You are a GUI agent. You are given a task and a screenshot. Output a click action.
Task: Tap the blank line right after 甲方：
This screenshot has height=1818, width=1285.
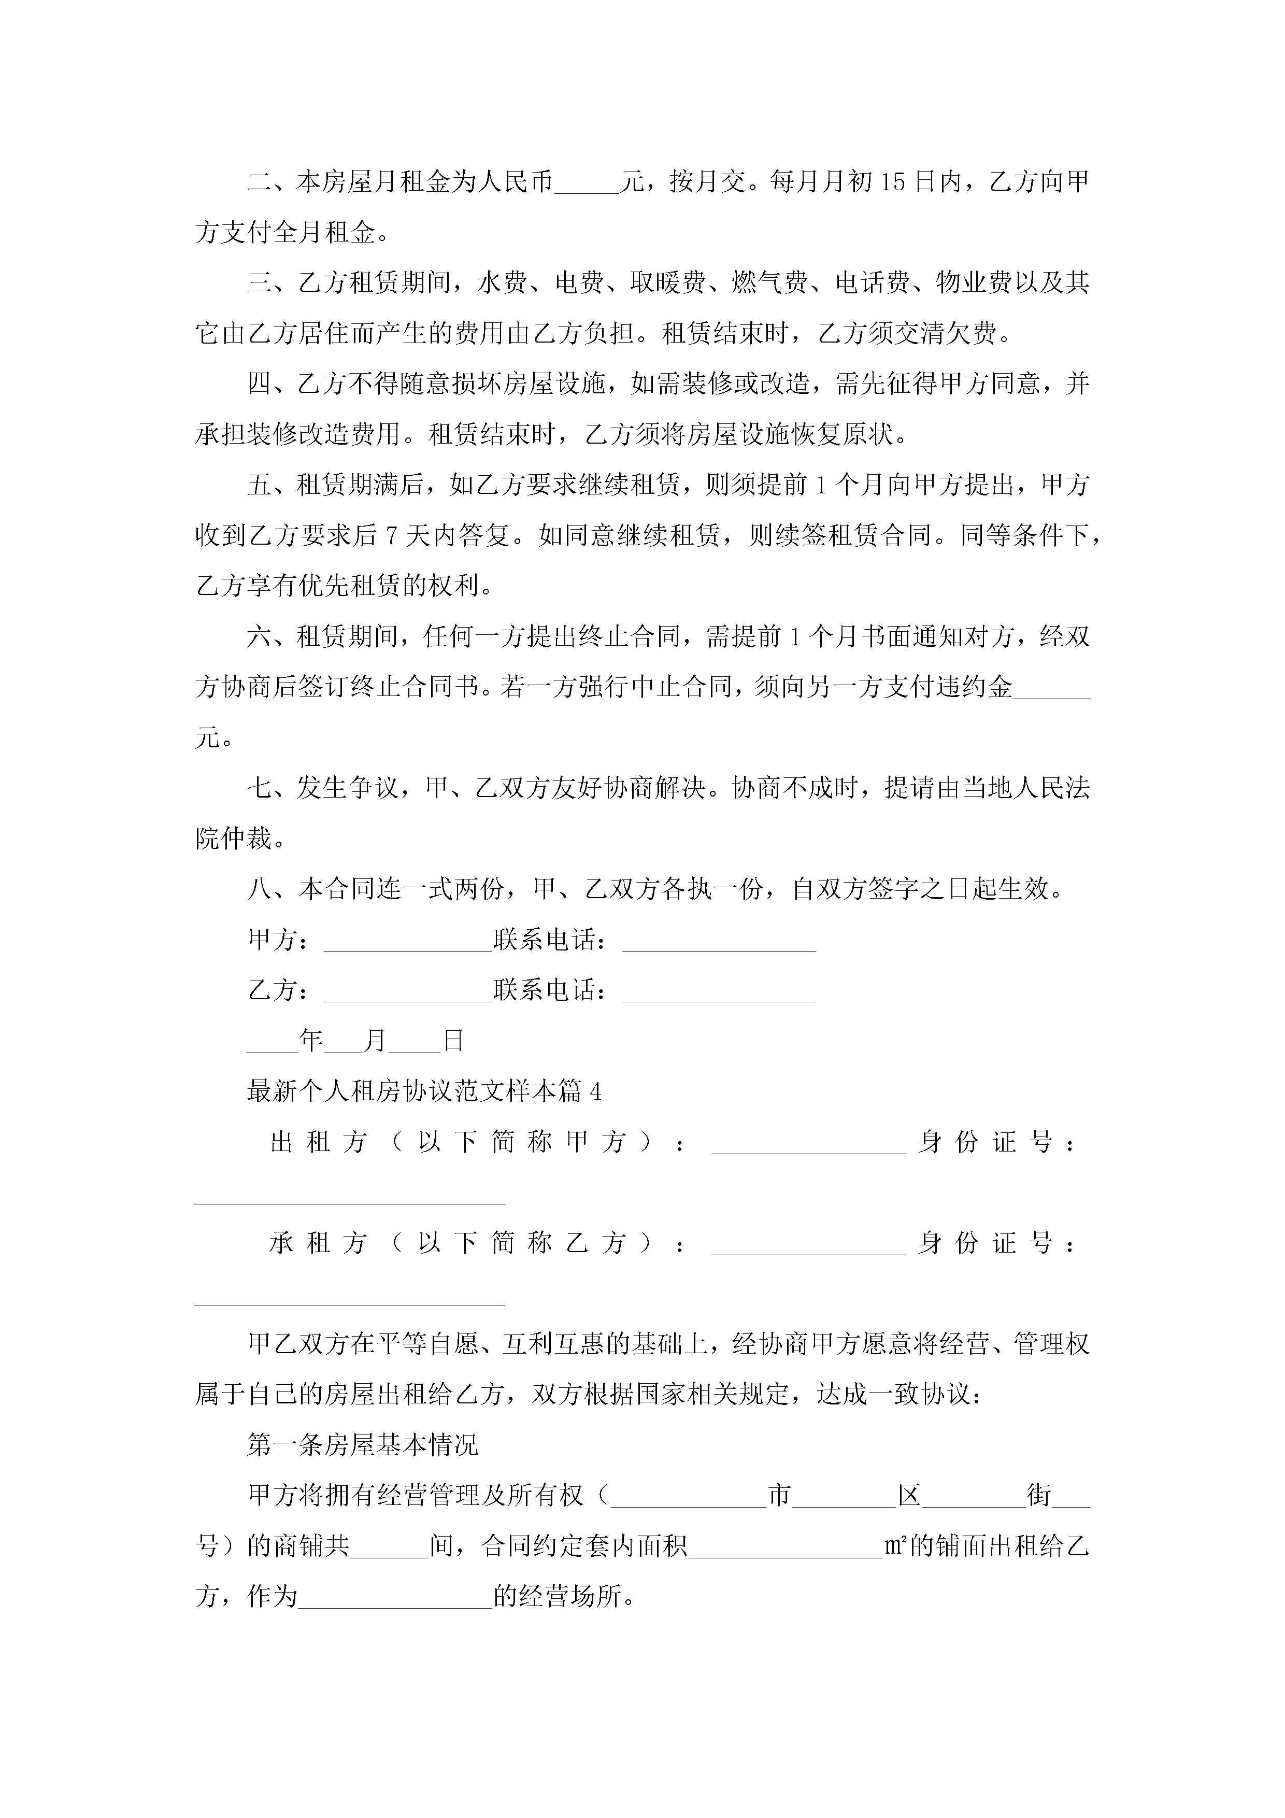point(408,942)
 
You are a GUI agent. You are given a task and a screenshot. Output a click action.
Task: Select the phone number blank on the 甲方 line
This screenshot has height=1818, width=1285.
point(718,942)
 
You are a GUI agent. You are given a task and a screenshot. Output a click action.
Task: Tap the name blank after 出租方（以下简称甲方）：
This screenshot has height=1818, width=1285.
point(808,1145)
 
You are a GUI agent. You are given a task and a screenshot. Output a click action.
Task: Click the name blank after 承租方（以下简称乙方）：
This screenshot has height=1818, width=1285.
point(808,1245)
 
